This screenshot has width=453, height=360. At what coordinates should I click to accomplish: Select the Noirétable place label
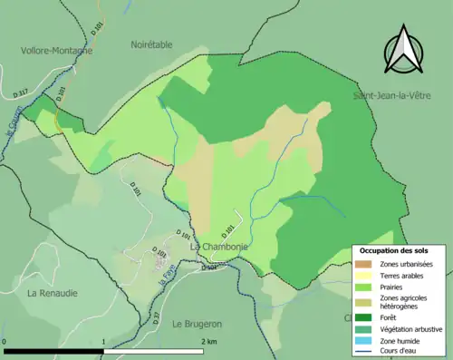pyautogui.click(x=150, y=44)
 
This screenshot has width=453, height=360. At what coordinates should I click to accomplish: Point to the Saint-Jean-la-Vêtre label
pyautogui.click(x=392, y=95)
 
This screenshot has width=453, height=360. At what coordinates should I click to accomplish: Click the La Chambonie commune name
pyautogui.click(x=217, y=246)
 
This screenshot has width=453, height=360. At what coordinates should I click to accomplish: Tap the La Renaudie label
pyautogui.click(x=52, y=293)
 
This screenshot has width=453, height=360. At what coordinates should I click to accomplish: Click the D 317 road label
pyautogui.click(x=23, y=92)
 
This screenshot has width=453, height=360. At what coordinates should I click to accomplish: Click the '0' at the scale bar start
pyautogui.click(x=5, y=342)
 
